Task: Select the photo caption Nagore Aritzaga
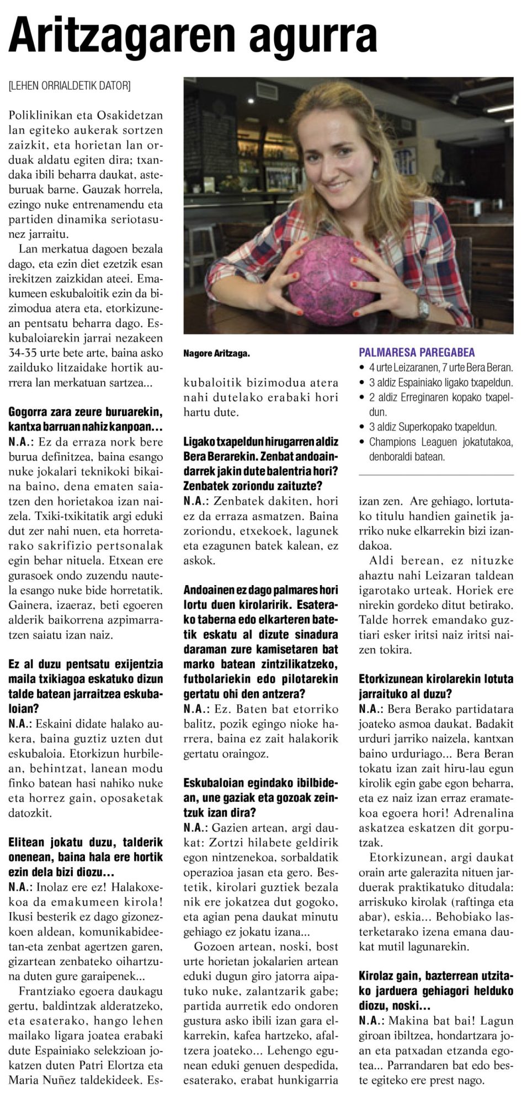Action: [x=216, y=354]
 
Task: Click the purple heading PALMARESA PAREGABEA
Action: [x=417, y=352]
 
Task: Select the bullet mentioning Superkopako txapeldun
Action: [x=433, y=427]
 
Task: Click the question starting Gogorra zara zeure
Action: [x=86, y=419]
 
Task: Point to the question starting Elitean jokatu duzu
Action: [x=86, y=857]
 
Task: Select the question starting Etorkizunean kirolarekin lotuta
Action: [x=436, y=686]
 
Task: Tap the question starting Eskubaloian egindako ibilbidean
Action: [x=260, y=797]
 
